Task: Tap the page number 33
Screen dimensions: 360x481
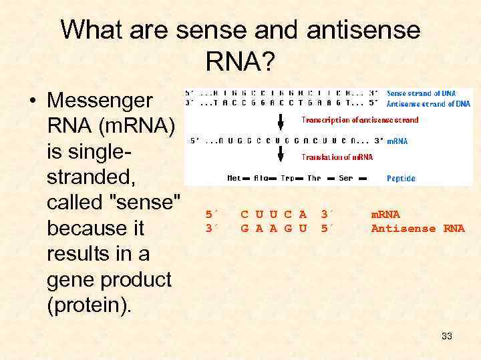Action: pyautogui.click(x=447, y=336)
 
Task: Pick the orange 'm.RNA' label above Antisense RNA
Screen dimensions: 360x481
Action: pyautogui.click(x=385, y=214)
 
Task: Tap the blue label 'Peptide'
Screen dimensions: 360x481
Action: pyautogui.click(x=401, y=178)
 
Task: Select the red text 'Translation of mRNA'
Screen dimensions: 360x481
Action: pyautogui.click(x=337, y=157)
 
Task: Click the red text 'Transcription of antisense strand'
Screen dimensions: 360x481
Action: pyautogui.click(x=360, y=120)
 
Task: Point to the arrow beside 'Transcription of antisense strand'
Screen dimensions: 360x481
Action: pyautogui.click(x=281, y=121)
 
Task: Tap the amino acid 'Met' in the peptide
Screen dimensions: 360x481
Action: pyautogui.click(x=234, y=178)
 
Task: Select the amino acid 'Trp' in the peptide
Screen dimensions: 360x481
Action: pyautogui.click(x=287, y=178)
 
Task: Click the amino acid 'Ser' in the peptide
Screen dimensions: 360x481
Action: pyautogui.click(x=345, y=178)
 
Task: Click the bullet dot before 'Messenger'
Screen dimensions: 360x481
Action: pyautogui.click(x=31, y=102)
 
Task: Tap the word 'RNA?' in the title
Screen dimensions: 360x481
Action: pyautogui.click(x=240, y=62)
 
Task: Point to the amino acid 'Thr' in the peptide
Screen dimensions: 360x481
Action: pyautogui.click(x=314, y=178)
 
